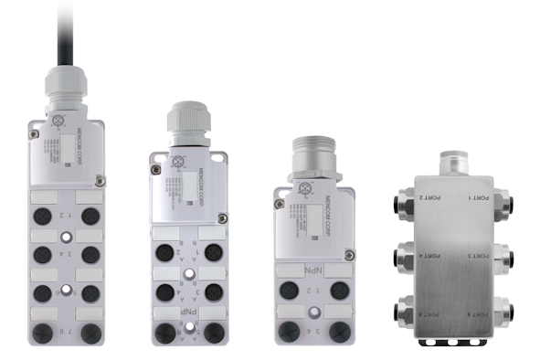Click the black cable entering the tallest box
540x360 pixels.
point(66,37)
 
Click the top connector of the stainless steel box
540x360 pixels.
point(453,162)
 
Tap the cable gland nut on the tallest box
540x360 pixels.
point(66,92)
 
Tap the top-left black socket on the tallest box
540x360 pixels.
point(42,216)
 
